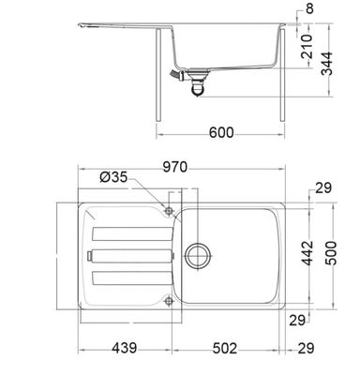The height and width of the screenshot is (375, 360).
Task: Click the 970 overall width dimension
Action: coord(174,168)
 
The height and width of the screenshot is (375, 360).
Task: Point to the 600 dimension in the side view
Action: coord(221,134)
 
